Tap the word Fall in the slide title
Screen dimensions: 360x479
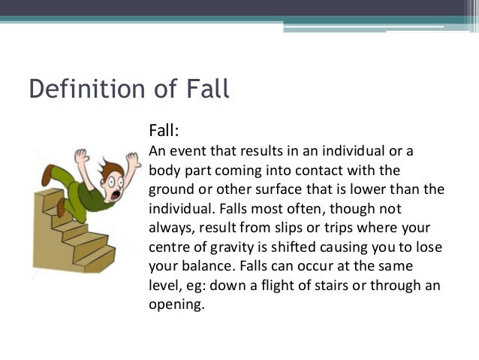(203, 89)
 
